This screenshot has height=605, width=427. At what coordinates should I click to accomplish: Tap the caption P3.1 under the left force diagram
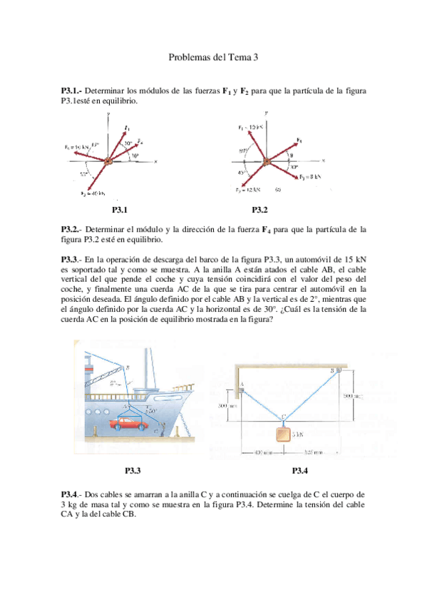tap(119, 210)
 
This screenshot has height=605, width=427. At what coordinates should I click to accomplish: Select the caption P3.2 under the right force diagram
tap(259, 210)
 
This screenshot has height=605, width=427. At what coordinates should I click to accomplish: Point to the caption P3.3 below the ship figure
tap(133, 470)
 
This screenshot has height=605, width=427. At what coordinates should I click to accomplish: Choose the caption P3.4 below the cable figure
tap(300, 470)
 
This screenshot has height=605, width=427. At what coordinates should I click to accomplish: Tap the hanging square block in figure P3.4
tap(284, 434)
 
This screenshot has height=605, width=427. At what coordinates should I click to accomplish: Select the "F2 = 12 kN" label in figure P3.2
tap(247, 190)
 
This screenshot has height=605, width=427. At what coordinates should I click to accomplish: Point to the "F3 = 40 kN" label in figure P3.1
tap(93, 193)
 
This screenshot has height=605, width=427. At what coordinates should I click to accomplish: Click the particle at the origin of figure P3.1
tap(108, 162)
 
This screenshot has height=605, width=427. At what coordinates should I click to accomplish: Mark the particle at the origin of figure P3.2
tap(266, 161)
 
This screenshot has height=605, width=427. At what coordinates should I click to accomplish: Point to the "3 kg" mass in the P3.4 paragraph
tap(70, 502)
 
